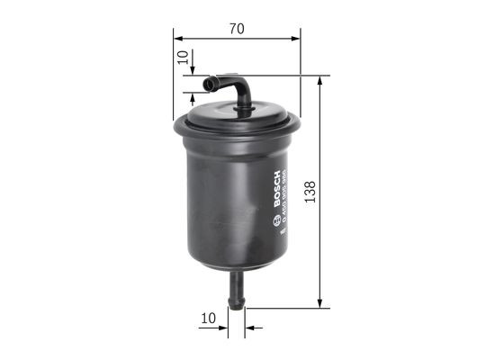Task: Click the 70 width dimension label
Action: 237,29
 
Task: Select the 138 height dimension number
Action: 310,192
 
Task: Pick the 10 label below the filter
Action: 209,318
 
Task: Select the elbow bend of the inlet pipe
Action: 241,86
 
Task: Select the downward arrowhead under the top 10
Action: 193,72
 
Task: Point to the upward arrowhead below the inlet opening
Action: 193,94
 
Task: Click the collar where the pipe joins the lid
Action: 244,111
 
